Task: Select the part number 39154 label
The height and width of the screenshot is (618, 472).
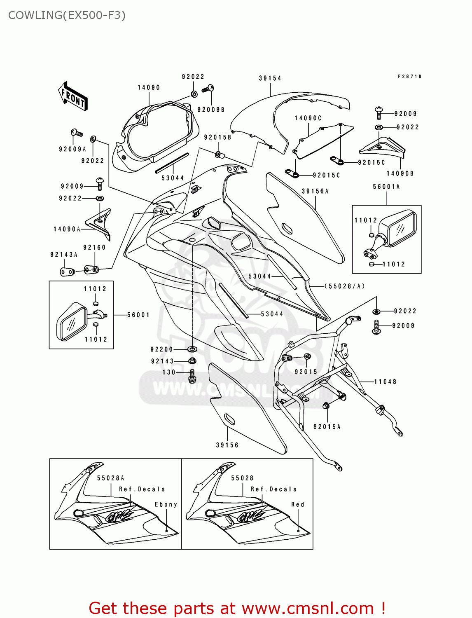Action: [270, 78]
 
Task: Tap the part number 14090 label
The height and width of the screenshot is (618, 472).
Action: [149, 87]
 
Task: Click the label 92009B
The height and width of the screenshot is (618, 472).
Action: [211, 110]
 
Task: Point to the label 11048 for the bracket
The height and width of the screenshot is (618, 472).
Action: [385, 382]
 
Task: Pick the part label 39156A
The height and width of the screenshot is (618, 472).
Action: [315, 191]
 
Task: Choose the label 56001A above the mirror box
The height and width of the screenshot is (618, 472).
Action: [386, 187]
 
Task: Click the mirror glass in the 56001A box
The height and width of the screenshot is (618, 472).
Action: [400, 229]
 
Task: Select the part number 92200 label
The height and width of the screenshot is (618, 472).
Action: [162, 349]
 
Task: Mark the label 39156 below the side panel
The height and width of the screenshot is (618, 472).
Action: [227, 445]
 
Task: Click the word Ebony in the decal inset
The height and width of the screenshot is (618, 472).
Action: [166, 504]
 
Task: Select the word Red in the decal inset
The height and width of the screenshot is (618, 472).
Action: [298, 504]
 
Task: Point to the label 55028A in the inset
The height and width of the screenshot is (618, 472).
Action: [110, 478]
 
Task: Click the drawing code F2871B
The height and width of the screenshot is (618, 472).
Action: [409, 77]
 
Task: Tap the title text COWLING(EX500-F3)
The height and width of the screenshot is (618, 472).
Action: [67, 15]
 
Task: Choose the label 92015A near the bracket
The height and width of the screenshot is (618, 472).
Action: [327, 427]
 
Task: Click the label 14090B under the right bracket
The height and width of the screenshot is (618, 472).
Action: [400, 173]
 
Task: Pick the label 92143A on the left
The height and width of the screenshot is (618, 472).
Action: [64, 255]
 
